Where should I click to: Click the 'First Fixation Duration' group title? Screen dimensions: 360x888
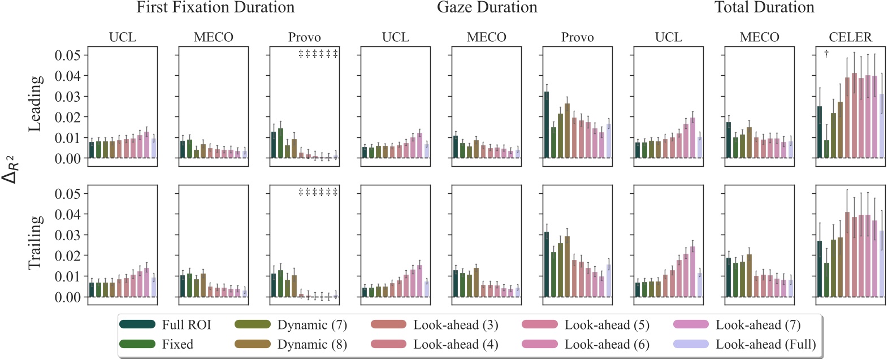(x=215, y=7)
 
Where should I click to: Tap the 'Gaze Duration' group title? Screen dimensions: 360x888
(x=487, y=7)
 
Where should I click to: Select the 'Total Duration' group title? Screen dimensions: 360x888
(x=764, y=7)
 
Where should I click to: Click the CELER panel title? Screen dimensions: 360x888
(x=850, y=37)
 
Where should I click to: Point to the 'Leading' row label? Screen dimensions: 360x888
(x=35, y=103)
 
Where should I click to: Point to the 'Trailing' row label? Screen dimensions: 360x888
(x=35, y=242)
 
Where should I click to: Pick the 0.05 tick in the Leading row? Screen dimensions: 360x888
(x=67, y=55)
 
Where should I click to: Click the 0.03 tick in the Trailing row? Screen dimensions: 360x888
(x=67, y=235)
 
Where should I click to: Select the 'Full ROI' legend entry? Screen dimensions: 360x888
(x=186, y=325)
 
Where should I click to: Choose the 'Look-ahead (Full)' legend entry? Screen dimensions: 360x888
(x=765, y=344)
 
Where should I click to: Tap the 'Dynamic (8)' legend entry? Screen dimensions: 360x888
(x=311, y=344)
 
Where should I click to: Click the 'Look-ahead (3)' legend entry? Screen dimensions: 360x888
(x=456, y=325)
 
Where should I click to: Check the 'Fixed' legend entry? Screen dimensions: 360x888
(x=177, y=344)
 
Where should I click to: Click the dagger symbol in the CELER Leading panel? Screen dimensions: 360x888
(x=826, y=54)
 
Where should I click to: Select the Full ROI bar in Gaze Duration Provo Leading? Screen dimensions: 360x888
(x=547, y=125)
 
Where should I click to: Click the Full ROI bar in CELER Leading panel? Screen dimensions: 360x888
(x=820, y=132)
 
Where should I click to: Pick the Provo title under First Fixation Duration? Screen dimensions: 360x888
(x=304, y=37)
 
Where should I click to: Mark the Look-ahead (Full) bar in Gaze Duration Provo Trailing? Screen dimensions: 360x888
(x=609, y=281)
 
